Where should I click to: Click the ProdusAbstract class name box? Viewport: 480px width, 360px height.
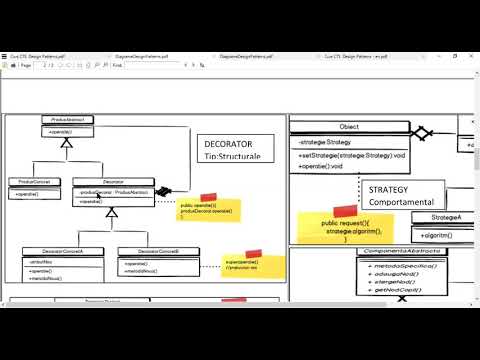67,120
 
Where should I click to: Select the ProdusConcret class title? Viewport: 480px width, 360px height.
35,181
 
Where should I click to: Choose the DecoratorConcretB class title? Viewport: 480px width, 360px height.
150,251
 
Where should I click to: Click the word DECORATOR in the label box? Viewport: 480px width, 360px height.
226,144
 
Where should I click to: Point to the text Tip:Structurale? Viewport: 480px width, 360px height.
232,157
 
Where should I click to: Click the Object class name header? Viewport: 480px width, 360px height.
349,128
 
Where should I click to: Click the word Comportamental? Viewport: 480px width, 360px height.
406,202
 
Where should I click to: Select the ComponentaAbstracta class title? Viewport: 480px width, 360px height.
404,251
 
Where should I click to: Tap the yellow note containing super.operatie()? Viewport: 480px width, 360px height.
253,265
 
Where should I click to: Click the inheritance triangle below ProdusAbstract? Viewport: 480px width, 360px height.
67,143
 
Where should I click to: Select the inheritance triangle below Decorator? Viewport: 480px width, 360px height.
112,212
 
